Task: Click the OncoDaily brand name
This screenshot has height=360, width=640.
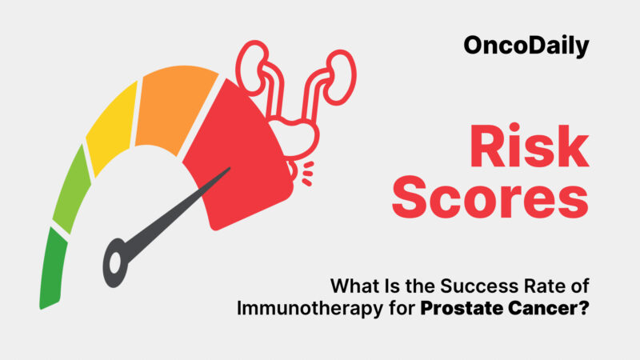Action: (526, 46)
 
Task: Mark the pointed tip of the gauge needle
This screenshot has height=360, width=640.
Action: (230, 169)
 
